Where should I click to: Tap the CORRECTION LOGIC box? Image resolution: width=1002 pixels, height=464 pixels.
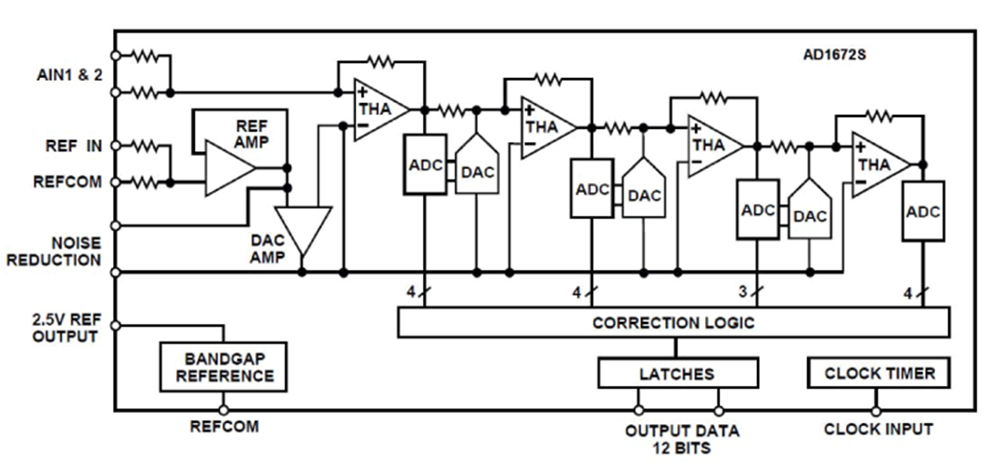[x=674, y=323]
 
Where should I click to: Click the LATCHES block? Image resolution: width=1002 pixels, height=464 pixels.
[x=676, y=373]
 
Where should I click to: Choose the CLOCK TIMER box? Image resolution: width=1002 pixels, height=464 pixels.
[x=878, y=373]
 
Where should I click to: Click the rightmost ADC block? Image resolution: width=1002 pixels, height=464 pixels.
[x=922, y=213]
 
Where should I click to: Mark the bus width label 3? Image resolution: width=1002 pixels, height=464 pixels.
[x=742, y=292]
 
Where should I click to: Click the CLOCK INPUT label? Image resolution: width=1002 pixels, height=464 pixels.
[x=878, y=430]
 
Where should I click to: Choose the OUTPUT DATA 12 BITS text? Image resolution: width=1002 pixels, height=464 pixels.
[x=682, y=439]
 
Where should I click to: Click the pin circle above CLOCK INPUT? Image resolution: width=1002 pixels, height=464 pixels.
[x=875, y=410]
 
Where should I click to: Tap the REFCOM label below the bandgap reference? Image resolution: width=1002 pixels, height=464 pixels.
[x=224, y=428]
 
